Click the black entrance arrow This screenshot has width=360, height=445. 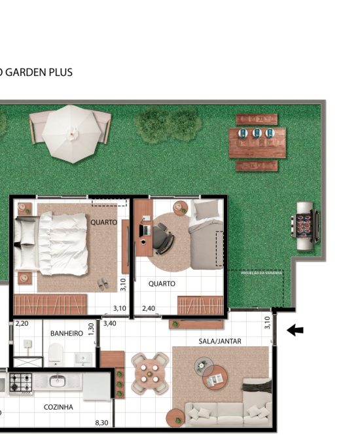point(296,331)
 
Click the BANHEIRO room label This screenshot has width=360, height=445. point(66,333)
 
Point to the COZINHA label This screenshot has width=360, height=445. point(58,407)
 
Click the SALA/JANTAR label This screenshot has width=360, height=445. point(220,341)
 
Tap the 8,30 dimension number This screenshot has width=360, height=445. point(101,423)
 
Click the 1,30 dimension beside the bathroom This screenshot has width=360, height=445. point(91,328)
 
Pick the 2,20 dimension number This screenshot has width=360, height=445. point(22,323)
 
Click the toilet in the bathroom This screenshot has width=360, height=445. point(56,356)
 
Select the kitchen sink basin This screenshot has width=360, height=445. point(57,380)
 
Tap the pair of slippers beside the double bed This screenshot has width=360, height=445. point(103,284)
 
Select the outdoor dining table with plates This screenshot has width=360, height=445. point(257,143)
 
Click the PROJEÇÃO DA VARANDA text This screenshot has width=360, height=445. point(262,273)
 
